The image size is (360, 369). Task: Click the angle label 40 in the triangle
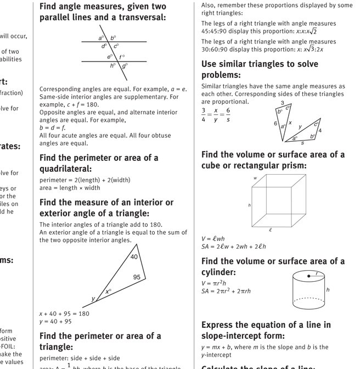134,257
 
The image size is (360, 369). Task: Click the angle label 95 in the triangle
137,277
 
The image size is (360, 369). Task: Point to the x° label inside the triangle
109,292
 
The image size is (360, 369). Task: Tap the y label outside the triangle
93,299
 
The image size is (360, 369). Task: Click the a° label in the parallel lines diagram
101,38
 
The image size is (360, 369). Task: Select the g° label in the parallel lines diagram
125,65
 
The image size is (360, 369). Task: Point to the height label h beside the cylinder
328,289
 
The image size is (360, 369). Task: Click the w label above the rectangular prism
255,178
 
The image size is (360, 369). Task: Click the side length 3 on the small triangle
282,103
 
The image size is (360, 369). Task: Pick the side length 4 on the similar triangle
320,131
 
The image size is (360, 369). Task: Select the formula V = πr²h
213,283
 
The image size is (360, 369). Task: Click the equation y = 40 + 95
55,321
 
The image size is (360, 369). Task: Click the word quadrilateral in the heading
66,169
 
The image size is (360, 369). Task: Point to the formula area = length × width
70,188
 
